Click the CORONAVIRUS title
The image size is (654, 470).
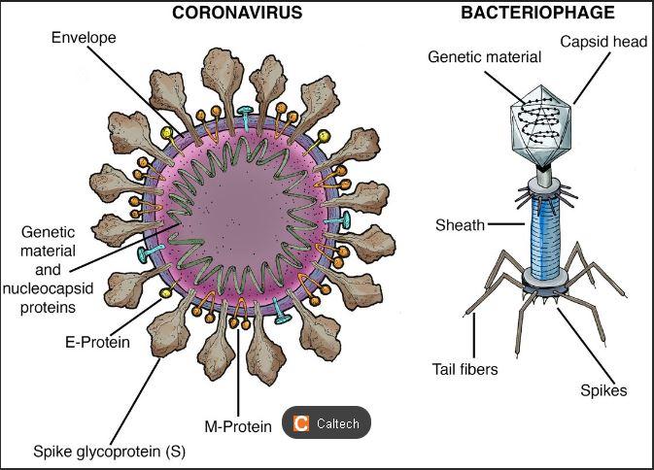(x=236, y=13)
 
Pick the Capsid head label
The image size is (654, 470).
(x=599, y=42)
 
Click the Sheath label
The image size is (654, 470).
(x=461, y=225)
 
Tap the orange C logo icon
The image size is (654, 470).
(x=301, y=423)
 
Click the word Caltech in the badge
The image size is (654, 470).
(x=337, y=423)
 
